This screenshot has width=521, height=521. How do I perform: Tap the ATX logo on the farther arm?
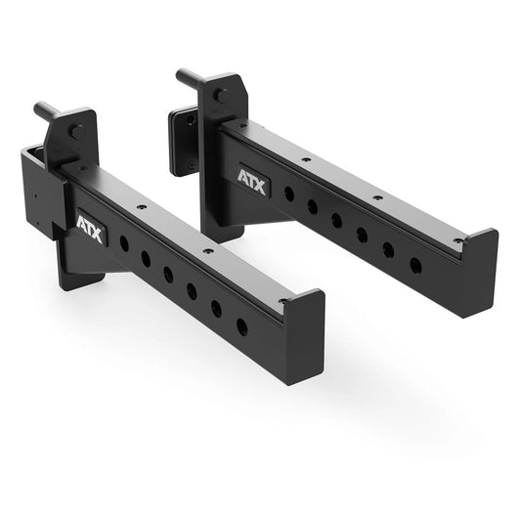point(253,180)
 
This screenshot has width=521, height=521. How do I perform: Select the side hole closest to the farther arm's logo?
point(289,195)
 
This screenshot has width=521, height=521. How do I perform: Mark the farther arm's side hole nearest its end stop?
point(415,265)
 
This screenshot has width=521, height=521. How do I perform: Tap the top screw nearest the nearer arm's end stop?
point(282,301)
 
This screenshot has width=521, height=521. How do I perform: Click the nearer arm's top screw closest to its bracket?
point(141,207)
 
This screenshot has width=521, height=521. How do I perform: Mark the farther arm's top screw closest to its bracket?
point(306,157)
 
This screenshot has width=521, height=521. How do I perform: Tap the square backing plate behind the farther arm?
point(182,142)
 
